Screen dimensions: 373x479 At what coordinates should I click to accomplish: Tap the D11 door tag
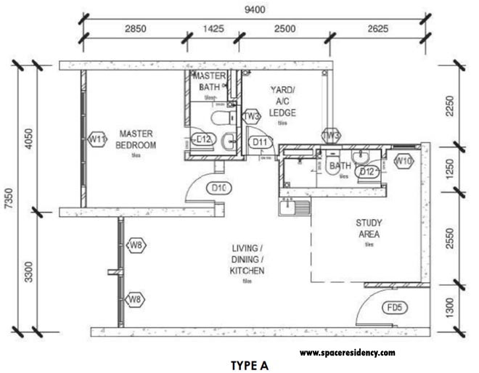(x=259, y=142)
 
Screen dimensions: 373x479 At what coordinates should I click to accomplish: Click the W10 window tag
(x=404, y=160)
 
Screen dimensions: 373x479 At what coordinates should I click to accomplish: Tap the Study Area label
(x=369, y=229)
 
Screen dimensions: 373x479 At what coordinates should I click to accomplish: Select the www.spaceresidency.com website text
(x=347, y=353)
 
